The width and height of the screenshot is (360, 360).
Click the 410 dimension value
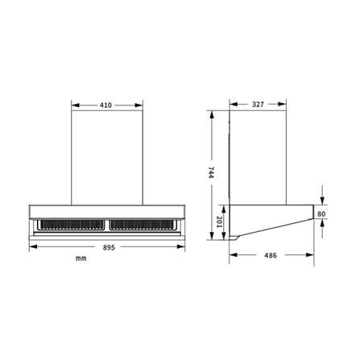[106, 106]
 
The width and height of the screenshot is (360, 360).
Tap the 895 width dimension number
[109, 247]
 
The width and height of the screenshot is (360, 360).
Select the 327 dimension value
[258, 104]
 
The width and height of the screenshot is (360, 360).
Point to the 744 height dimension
[211, 172]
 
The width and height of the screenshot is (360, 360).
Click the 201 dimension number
[219, 221]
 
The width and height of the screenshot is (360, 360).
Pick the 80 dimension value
[321, 214]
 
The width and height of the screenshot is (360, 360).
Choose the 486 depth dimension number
[271, 255]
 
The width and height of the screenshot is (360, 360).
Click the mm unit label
[81, 259]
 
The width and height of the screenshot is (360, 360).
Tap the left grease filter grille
[71, 225]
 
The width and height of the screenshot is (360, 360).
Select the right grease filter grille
[143, 225]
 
